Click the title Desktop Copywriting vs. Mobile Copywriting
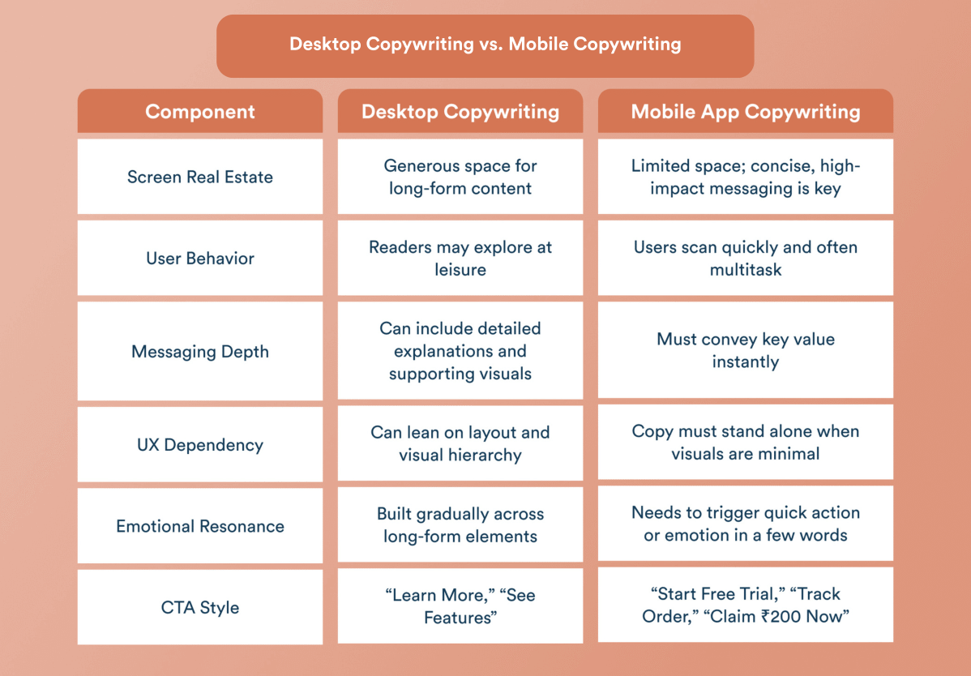[485, 44]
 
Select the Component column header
[200, 112]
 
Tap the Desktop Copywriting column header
[460, 112]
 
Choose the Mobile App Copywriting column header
[745, 112]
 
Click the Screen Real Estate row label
[200, 178]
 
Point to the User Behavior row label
[200, 259]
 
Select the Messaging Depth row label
[200, 352]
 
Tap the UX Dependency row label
[200, 445]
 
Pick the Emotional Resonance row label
[200, 526]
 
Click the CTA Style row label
[200, 607]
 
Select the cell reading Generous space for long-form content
[460, 177]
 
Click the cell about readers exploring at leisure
[460, 258]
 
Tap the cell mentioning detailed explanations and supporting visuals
[460, 351]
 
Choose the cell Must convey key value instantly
[745, 350]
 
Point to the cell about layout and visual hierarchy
[460, 443]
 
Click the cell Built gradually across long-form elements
[460, 524]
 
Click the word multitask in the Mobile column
[745, 270]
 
